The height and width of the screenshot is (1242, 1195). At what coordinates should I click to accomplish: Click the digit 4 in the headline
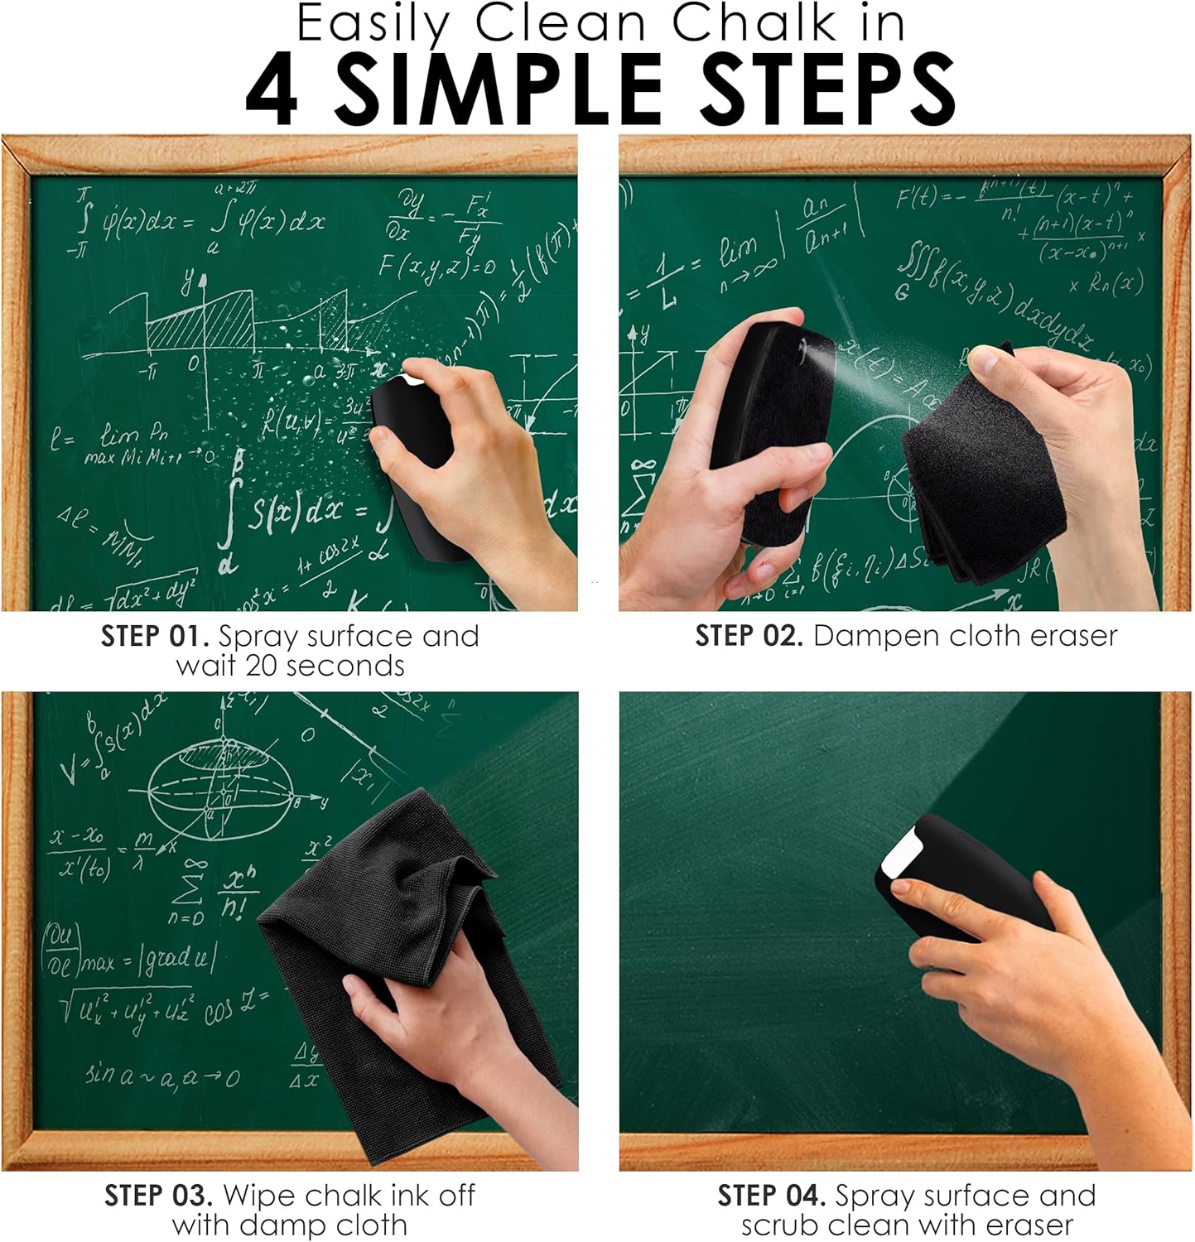[x=271, y=90]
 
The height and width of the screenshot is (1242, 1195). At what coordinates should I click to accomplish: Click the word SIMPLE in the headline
[x=498, y=89]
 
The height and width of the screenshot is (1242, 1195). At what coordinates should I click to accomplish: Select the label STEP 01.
[x=155, y=637]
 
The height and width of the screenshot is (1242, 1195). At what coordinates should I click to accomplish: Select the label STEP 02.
[x=749, y=636]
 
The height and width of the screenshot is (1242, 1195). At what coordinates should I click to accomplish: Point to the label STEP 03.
[x=158, y=1196]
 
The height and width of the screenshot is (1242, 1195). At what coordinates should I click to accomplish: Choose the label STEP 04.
[x=771, y=1196]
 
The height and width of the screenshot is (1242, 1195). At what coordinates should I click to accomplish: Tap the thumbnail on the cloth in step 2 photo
[x=985, y=359]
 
